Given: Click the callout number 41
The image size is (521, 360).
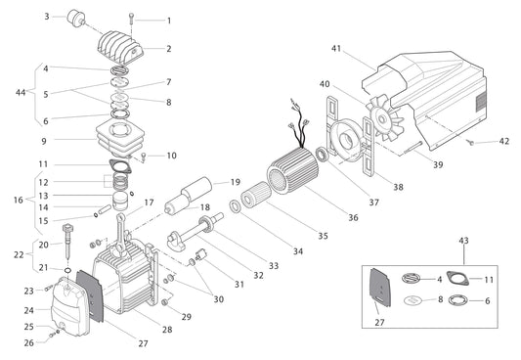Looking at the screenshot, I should tap(334, 48).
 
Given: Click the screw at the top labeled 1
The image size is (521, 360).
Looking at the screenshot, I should tap(131, 19).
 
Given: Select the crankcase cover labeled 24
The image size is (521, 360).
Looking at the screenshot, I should tap(65, 304).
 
